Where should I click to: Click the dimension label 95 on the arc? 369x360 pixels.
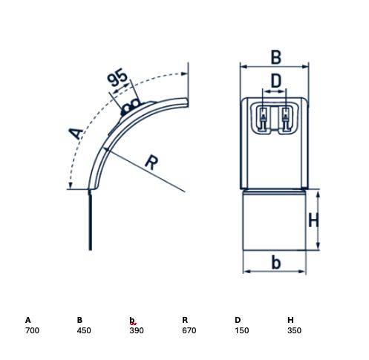117,77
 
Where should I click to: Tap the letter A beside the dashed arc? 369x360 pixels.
76,133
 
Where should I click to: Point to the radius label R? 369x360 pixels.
151,163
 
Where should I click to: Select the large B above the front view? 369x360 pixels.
276,57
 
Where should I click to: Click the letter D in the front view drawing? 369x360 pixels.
276,81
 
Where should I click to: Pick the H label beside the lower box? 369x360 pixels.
313,220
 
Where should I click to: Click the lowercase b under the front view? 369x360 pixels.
276,263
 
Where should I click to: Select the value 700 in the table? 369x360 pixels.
32,330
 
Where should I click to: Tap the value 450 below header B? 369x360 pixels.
84,330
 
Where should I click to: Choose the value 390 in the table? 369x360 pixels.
137,330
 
